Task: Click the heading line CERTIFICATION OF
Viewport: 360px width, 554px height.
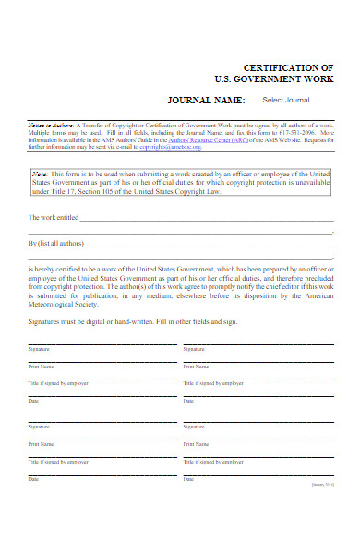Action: [288, 68]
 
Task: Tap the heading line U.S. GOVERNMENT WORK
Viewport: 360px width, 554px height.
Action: [282, 80]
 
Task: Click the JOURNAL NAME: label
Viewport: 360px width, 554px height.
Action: [206, 100]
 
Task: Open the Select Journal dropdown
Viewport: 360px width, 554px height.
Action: [286, 100]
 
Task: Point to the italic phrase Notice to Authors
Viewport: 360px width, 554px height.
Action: [48, 124]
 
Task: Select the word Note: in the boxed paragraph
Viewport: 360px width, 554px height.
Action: [40, 173]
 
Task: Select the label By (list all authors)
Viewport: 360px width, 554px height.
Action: [55, 244]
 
